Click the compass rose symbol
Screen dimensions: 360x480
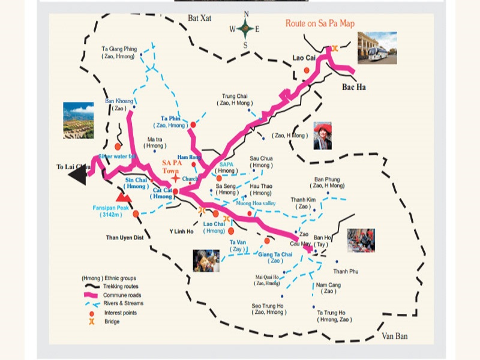point(244,28)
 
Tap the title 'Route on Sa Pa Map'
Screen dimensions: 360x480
point(320,23)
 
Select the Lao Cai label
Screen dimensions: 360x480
point(304,58)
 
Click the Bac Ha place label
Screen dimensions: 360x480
point(353,88)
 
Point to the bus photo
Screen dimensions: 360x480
point(377,47)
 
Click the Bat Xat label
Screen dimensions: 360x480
point(200,19)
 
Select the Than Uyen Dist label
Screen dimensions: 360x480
point(125,238)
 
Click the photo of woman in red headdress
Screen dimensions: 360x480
point(322,136)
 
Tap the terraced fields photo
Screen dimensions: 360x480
point(78,120)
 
